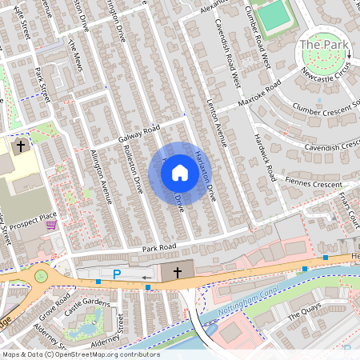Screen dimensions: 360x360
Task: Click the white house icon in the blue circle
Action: point(180,172)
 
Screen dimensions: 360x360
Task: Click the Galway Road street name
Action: point(139,134)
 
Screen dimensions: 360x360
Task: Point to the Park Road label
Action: point(158,249)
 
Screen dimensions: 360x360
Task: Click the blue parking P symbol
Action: point(117,274)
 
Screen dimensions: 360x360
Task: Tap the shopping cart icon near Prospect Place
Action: point(52,225)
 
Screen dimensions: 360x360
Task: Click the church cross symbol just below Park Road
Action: point(177,273)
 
